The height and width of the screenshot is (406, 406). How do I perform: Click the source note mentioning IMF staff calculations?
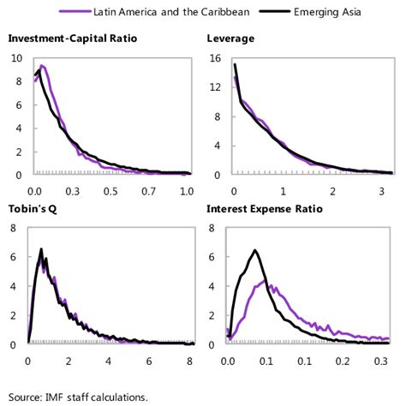(x=79, y=396)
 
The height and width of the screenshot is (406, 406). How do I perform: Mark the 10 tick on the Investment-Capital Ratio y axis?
(x=17, y=58)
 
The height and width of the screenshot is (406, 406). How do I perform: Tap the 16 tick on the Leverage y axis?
(x=215, y=58)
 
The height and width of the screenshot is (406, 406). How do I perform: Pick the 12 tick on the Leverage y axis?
(x=215, y=87)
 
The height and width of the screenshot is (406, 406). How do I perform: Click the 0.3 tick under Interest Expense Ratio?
(x=383, y=361)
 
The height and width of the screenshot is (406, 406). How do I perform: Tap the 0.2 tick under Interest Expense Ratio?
(x=343, y=361)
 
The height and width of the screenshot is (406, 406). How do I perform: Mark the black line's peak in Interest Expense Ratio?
(x=254, y=250)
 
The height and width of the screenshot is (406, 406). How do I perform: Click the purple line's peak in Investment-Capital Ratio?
(x=42, y=65)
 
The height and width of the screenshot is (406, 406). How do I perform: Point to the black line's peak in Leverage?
(x=235, y=64)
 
